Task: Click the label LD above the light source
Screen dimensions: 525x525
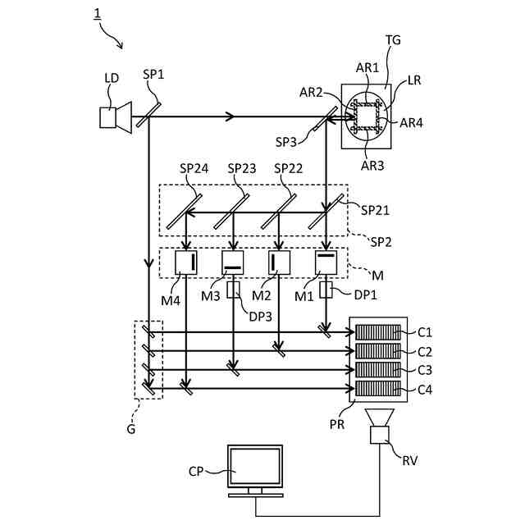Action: [x=112, y=78]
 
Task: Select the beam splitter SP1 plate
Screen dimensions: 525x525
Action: [x=148, y=115]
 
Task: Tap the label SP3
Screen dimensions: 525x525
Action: [x=286, y=142]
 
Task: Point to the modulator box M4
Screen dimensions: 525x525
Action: [x=186, y=262]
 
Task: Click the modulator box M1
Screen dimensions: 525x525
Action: [x=326, y=262]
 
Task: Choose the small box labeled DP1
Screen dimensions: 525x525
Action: [x=326, y=290]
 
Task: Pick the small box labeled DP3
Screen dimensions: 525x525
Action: [x=233, y=290]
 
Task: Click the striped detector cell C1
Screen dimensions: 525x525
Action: [x=377, y=332]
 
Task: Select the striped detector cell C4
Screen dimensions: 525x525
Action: [x=377, y=389]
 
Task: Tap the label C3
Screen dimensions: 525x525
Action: [x=425, y=370]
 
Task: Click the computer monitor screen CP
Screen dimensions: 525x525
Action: [x=255, y=466]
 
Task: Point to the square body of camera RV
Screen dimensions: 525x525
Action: [x=379, y=435]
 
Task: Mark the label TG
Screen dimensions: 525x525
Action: [x=393, y=40]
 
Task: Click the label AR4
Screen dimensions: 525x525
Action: [x=411, y=123]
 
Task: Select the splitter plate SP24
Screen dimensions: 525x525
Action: [x=184, y=212]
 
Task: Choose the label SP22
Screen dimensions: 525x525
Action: [x=288, y=168]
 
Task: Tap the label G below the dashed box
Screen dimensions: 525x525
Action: [x=131, y=429]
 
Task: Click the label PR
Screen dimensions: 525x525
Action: [x=337, y=425]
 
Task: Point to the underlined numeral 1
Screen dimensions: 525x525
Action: [x=98, y=14]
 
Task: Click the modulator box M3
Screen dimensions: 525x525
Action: [x=233, y=262]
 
